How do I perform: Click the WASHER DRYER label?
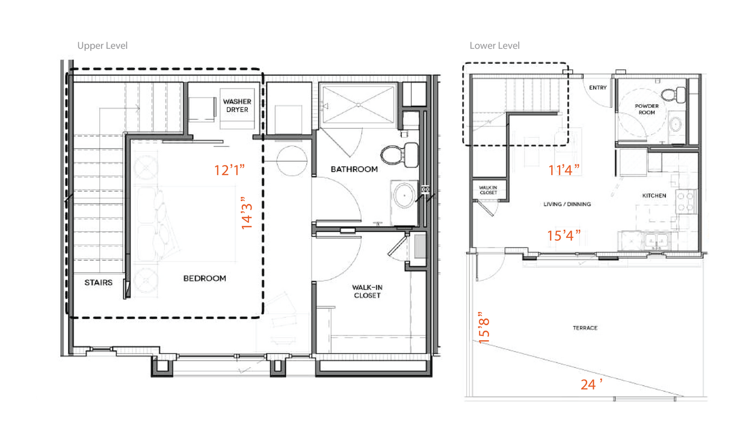(236, 105)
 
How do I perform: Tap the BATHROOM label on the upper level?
(354, 169)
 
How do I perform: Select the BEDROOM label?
(205, 278)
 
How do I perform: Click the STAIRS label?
(98, 282)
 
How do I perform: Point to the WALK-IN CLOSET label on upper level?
(367, 291)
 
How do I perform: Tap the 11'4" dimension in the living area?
(564, 170)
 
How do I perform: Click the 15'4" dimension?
(564, 235)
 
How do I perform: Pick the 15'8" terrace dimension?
(484, 328)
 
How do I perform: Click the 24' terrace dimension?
(591, 384)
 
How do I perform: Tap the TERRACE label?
(585, 328)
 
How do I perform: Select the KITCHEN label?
(654, 196)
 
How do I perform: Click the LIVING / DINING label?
(567, 204)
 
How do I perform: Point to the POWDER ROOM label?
(647, 109)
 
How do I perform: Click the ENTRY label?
(597, 88)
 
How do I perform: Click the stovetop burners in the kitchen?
(686, 202)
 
